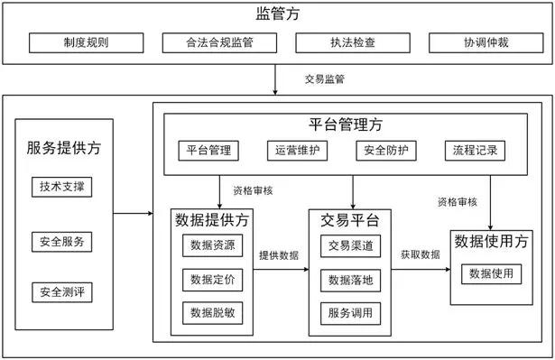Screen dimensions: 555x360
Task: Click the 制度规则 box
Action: click(86, 42)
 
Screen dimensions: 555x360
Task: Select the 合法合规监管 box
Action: click(219, 42)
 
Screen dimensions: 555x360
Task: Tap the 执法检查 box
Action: click(353, 42)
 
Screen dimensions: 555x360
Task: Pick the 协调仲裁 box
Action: click(486, 42)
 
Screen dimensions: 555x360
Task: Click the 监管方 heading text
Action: click(278, 14)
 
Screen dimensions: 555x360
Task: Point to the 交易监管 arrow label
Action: click(325, 78)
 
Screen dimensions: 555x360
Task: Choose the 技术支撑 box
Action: click(62, 187)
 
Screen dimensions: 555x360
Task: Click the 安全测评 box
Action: click(62, 292)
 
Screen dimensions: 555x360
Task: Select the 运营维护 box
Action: click(297, 151)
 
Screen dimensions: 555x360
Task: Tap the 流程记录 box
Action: click(475, 151)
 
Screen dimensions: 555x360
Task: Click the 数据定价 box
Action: click(213, 280)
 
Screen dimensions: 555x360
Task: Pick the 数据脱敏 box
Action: click(213, 313)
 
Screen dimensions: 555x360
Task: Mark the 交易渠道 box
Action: click(351, 246)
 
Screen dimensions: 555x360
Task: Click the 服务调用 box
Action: click(351, 313)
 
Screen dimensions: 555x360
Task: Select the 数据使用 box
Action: click(491, 273)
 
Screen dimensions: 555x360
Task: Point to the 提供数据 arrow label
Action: click(279, 255)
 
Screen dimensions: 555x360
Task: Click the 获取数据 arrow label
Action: click(421, 254)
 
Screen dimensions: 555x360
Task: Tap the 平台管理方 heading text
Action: click(346, 125)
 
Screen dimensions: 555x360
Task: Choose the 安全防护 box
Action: click(386, 151)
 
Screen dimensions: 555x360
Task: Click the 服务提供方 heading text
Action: click(64, 148)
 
